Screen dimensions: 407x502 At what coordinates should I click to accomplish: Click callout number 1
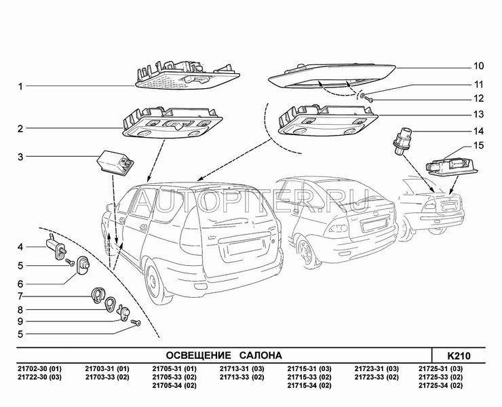[x=21, y=87]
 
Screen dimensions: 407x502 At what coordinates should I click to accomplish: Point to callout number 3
[x=21, y=157]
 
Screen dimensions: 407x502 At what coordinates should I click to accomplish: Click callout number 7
[x=21, y=296]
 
